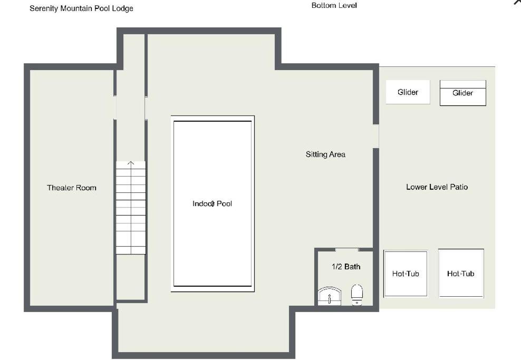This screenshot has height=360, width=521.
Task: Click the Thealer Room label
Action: [x=71, y=188]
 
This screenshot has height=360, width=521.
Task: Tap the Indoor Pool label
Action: [x=212, y=203]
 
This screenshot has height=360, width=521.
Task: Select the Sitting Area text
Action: [x=325, y=154]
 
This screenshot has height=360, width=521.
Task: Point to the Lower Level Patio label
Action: [x=437, y=187]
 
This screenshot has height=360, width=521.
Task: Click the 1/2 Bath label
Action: [x=346, y=267]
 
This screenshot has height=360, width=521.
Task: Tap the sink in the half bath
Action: [x=329, y=296]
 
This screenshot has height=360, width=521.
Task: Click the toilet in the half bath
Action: [x=357, y=294]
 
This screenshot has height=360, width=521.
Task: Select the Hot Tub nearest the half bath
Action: [x=406, y=274]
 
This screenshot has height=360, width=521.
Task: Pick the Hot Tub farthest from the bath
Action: [x=461, y=274]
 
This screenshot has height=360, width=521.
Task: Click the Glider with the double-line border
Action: [x=463, y=93]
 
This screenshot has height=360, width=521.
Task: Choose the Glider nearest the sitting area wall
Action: [x=408, y=92]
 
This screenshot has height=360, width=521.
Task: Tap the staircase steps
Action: [x=131, y=208]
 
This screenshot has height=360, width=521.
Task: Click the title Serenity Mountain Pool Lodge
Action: [x=81, y=8]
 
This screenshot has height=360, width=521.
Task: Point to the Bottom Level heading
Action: [x=334, y=5]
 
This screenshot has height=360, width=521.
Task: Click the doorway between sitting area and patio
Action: [x=376, y=136]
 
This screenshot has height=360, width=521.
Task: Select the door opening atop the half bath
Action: [x=346, y=249]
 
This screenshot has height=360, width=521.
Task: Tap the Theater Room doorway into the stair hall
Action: [x=115, y=108]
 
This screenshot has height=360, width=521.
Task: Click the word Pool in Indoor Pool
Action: [x=224, y=203]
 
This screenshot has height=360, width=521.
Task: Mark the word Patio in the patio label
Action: [x=459, y=187]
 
